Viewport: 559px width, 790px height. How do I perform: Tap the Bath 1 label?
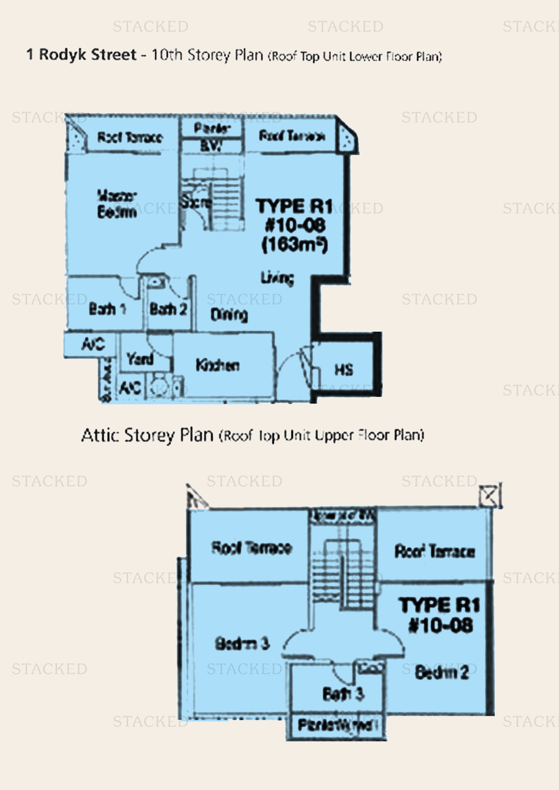(x=107, y=309)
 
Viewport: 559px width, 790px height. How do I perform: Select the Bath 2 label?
(x=168, y=309)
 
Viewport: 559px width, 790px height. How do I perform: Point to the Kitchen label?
(x=218, y=365)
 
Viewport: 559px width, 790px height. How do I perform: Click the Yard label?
(x=140, y=359)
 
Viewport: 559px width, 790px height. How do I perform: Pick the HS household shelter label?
(x=344, y=370)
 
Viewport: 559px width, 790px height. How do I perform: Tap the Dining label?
(x=229, y=314)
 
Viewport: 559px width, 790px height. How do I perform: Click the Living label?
(x=277, y=278)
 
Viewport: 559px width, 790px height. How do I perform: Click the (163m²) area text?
(x=295, y=245)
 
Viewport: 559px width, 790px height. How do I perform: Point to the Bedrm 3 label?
(x=242, y=643)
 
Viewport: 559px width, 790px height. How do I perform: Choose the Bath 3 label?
(x=343, y=694)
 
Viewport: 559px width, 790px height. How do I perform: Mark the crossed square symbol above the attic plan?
(x=489, y=495)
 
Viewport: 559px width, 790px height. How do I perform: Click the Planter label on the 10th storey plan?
(x=212, y=128)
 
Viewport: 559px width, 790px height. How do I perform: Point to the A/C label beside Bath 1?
(x=93, y=344)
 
